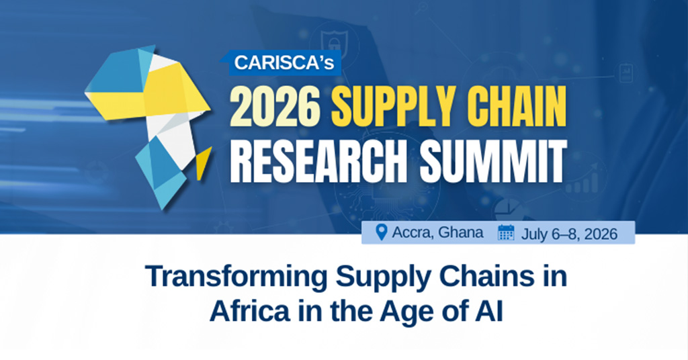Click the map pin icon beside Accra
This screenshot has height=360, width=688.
382,232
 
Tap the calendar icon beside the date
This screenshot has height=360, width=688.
506,232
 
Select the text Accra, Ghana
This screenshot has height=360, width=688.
437,232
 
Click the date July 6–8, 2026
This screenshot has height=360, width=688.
569,234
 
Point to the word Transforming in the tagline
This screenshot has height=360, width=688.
236,277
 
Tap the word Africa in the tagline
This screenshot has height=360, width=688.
250,311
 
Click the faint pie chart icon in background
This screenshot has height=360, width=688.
507,209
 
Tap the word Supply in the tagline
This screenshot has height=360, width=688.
383,277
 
